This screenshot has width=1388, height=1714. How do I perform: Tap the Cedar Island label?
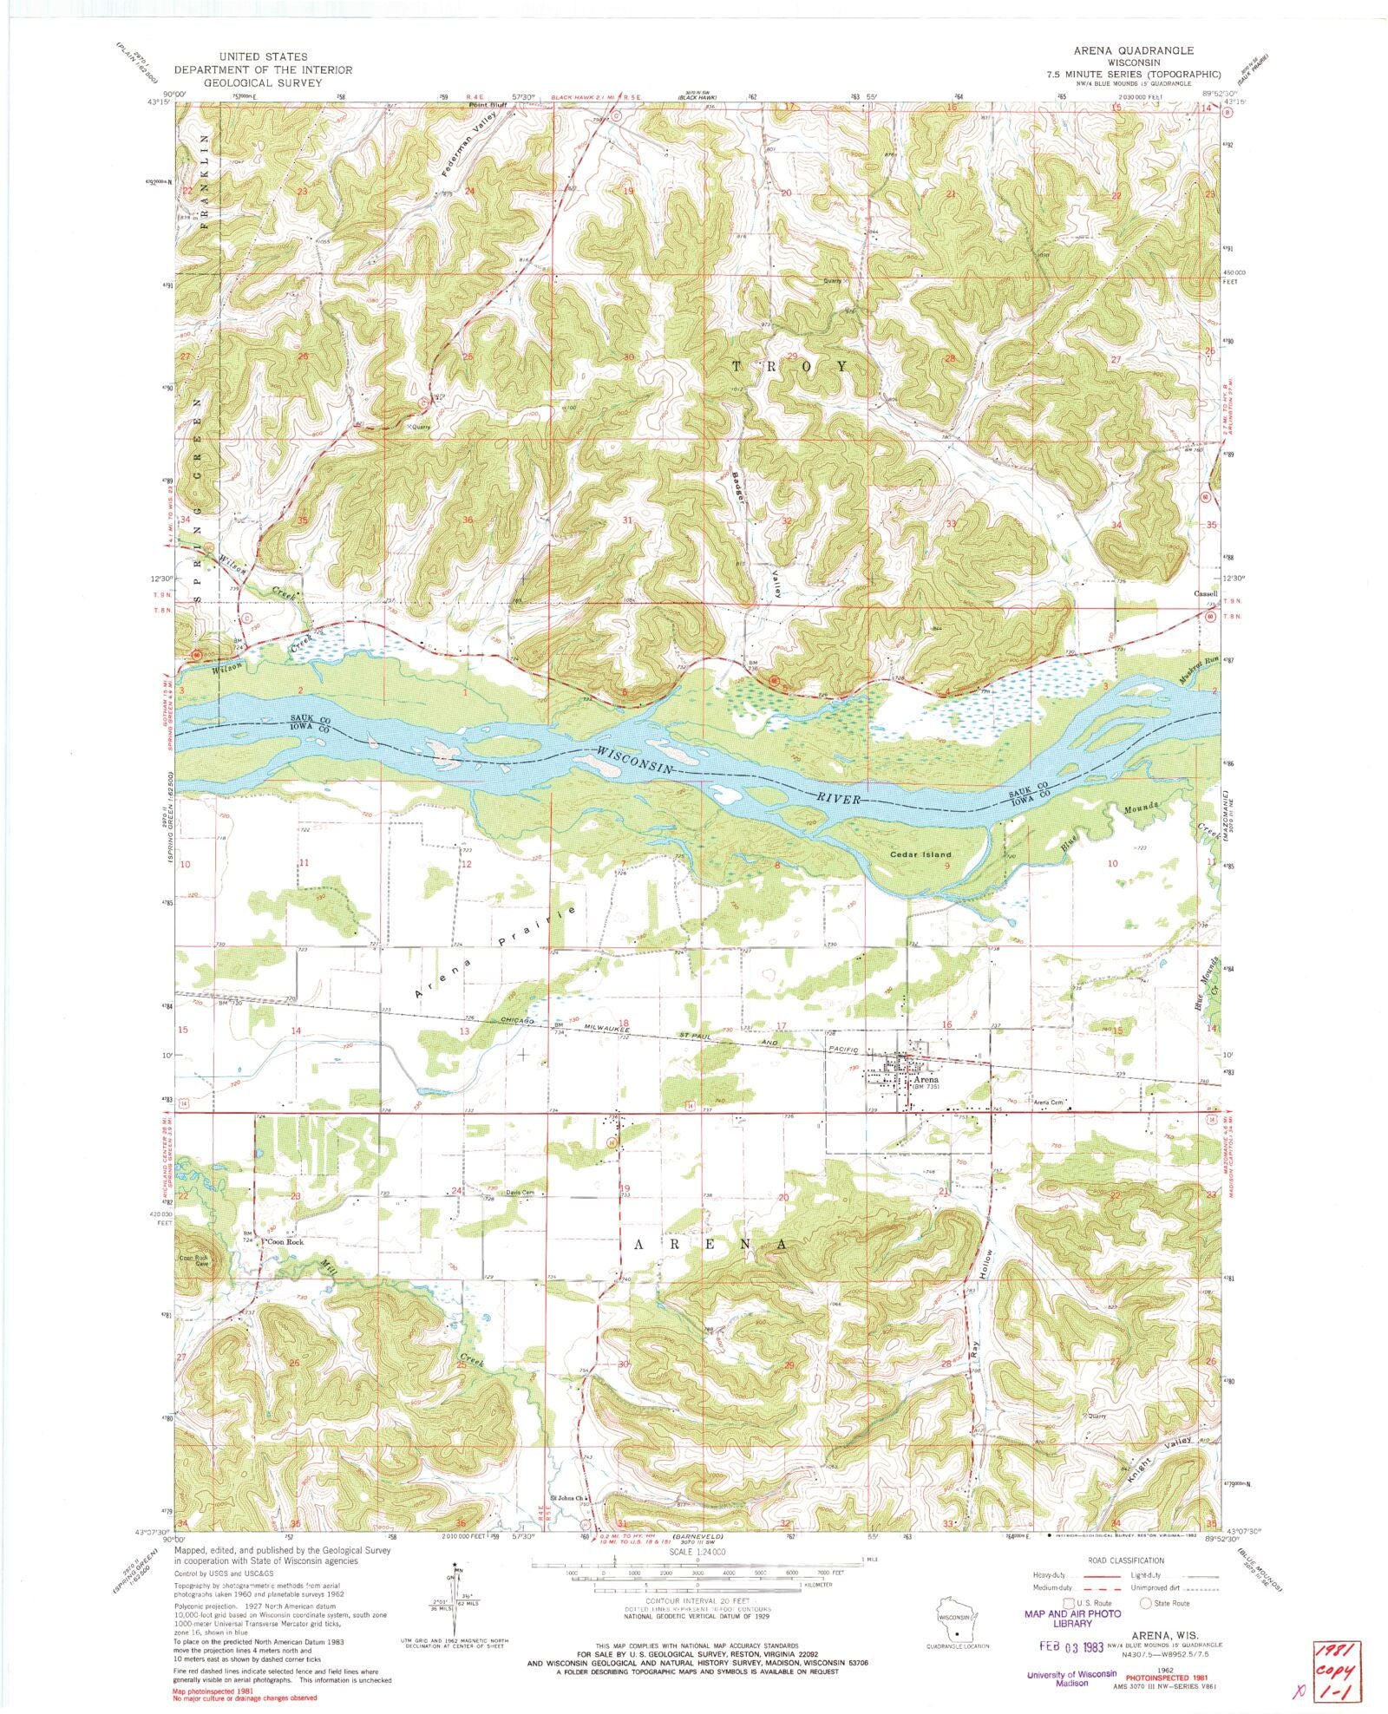[920, 854]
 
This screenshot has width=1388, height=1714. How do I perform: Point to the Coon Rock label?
[286, 1242]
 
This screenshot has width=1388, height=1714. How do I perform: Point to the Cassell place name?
[1205, 594]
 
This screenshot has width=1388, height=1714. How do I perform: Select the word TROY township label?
[789, 366]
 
